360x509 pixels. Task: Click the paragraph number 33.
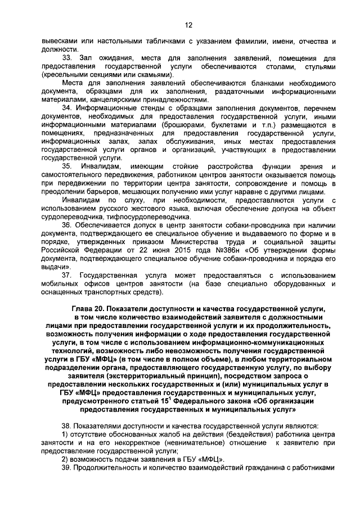67,58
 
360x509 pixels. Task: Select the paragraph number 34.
66,107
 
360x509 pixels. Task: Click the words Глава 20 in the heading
89,309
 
